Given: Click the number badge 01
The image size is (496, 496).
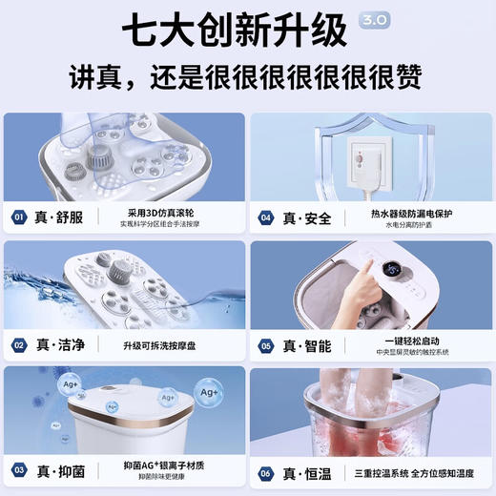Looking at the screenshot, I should tap(19, 217).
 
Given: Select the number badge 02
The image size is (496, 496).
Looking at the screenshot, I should tap(19, 345).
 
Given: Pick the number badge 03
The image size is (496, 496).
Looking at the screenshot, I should tap(19, 470).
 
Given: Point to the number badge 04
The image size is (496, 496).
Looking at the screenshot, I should tap(266, 217).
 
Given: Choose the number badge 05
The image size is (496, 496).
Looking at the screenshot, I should tap(266, 345).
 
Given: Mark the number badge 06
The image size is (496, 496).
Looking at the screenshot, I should tap(266, 470).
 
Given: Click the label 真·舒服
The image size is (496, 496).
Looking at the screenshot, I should tap(61, 217).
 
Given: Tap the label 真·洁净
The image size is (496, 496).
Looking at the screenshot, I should tap(61, 345).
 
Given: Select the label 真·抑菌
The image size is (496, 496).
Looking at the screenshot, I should tap(61, 470).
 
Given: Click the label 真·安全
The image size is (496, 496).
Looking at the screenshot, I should tap(307, 217).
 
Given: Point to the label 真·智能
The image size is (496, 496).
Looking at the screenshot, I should tap(307, 345).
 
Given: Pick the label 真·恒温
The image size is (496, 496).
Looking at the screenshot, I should tap(307, 470).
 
